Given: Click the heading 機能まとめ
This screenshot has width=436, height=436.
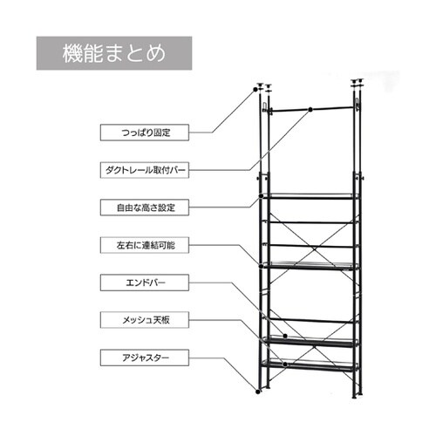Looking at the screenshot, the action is (114, 53).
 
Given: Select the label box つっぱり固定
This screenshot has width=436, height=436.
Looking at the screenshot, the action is (145, 133).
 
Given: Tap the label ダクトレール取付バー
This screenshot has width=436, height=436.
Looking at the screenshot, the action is (145, 170).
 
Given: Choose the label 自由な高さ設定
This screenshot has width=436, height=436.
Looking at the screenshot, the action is (145, 208).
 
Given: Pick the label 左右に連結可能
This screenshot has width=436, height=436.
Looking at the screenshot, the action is (145, 245).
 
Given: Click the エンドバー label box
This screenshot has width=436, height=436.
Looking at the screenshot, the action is (145, 283).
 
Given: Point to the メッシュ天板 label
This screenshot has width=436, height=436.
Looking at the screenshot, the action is (145, 320).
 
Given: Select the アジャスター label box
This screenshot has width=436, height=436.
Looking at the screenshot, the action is (145, 358).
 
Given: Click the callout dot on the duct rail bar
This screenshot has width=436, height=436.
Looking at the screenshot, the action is (310, 110).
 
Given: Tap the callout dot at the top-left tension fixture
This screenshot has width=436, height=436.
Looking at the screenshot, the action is (255, 90).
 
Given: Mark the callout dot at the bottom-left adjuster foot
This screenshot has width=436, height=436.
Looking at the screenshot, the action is (257, 392).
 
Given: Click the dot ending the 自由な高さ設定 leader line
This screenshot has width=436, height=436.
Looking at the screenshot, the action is (262, 196).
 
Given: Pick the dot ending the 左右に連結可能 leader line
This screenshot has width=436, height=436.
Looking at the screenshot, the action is (261, 266).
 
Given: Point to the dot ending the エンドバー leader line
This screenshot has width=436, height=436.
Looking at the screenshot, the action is (285, 336).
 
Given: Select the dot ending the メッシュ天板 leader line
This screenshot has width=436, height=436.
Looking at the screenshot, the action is (285, 364).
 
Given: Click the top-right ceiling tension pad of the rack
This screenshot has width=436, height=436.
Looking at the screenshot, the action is (358, 81).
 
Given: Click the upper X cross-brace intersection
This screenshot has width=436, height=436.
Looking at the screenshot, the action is (312, 249).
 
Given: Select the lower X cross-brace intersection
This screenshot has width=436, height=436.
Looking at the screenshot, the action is (312, 346).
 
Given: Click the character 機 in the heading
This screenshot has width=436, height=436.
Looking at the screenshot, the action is (72, 53).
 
